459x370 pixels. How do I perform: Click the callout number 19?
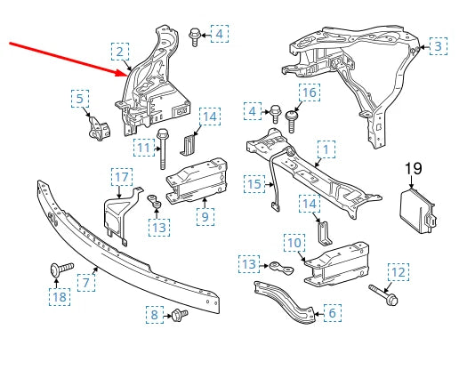413,169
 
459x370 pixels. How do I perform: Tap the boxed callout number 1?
327,150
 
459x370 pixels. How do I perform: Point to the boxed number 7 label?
86,283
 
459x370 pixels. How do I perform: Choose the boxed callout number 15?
255,184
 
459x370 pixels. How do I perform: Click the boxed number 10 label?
294,242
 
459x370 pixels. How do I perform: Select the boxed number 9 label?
204,215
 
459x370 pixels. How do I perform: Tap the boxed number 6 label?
331,312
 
